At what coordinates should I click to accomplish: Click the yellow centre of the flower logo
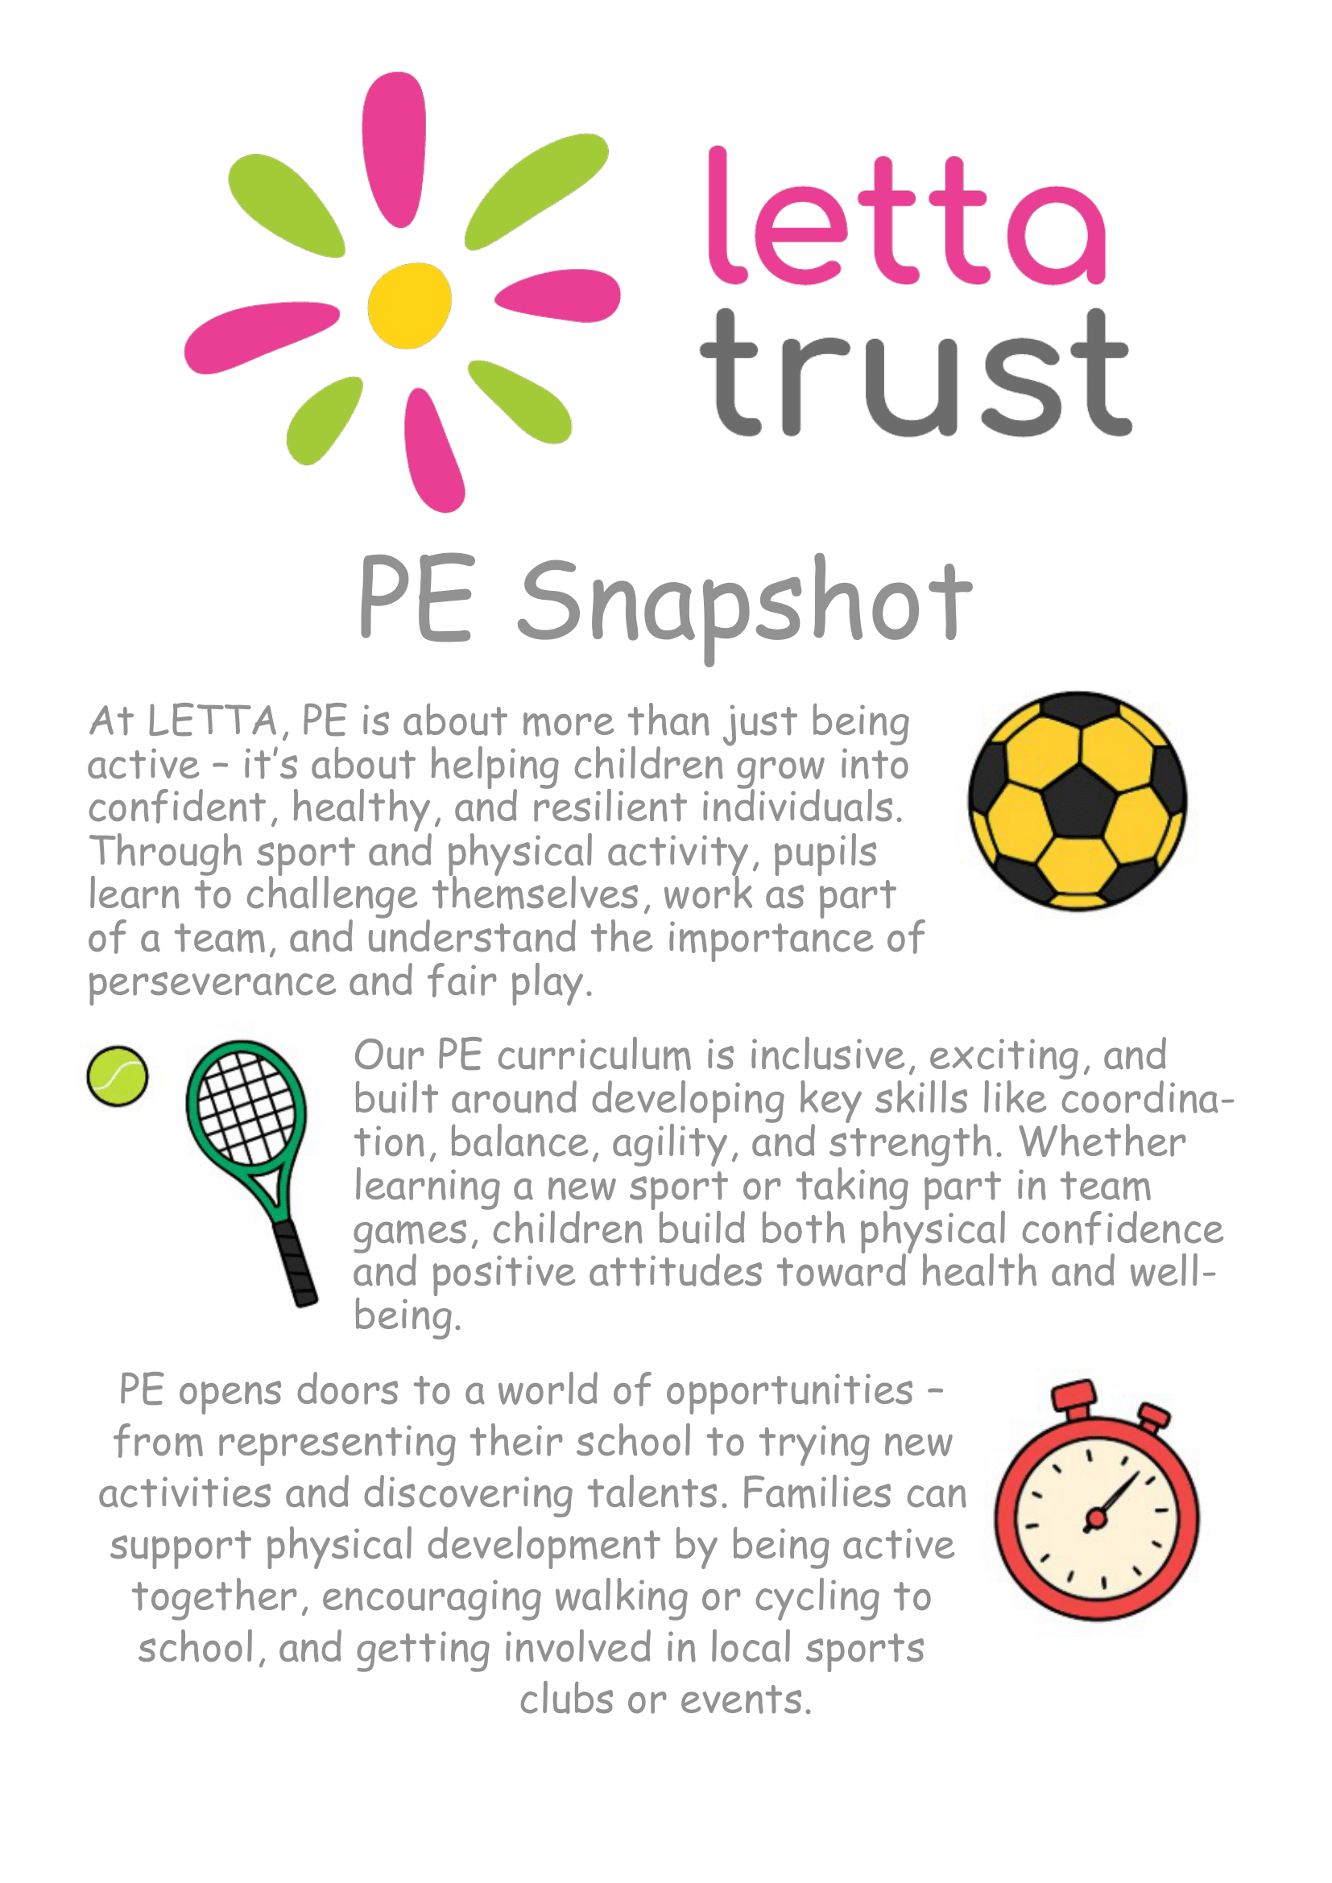(x=409, y=305)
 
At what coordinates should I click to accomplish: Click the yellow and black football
(x=1077, y=801)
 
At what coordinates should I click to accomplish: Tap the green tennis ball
(x=118, y=1076)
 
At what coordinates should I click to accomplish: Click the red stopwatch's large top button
(x=1074, y=1395)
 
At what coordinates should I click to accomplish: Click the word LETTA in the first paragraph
(x=213, y=721)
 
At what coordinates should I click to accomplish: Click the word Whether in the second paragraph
(x=1102, y=1142)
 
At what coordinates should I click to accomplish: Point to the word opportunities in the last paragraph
(x=789, y=1391)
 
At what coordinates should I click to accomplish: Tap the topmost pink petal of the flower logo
(x=395, y=147)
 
